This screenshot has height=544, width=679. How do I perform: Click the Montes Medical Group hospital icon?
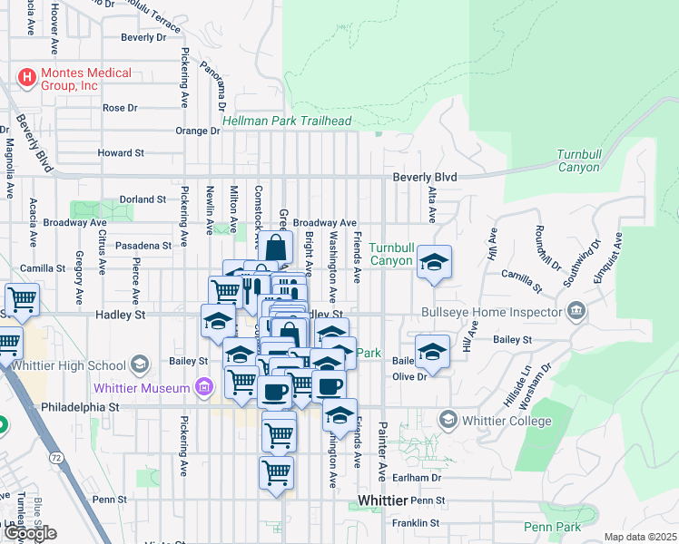[27, 78]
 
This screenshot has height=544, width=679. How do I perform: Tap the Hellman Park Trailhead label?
[287, 121]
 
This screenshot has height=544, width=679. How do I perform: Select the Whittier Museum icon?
[203, 388]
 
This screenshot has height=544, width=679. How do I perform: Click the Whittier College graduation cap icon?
[447, 421]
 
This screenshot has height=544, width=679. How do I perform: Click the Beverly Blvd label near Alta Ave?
[425, 178]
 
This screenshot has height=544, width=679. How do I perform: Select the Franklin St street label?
[416, 523]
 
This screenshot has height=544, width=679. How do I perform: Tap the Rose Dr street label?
[120, 107]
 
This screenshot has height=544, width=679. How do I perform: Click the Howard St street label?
[121, 153]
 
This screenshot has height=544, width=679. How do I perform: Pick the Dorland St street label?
[143, 199]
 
